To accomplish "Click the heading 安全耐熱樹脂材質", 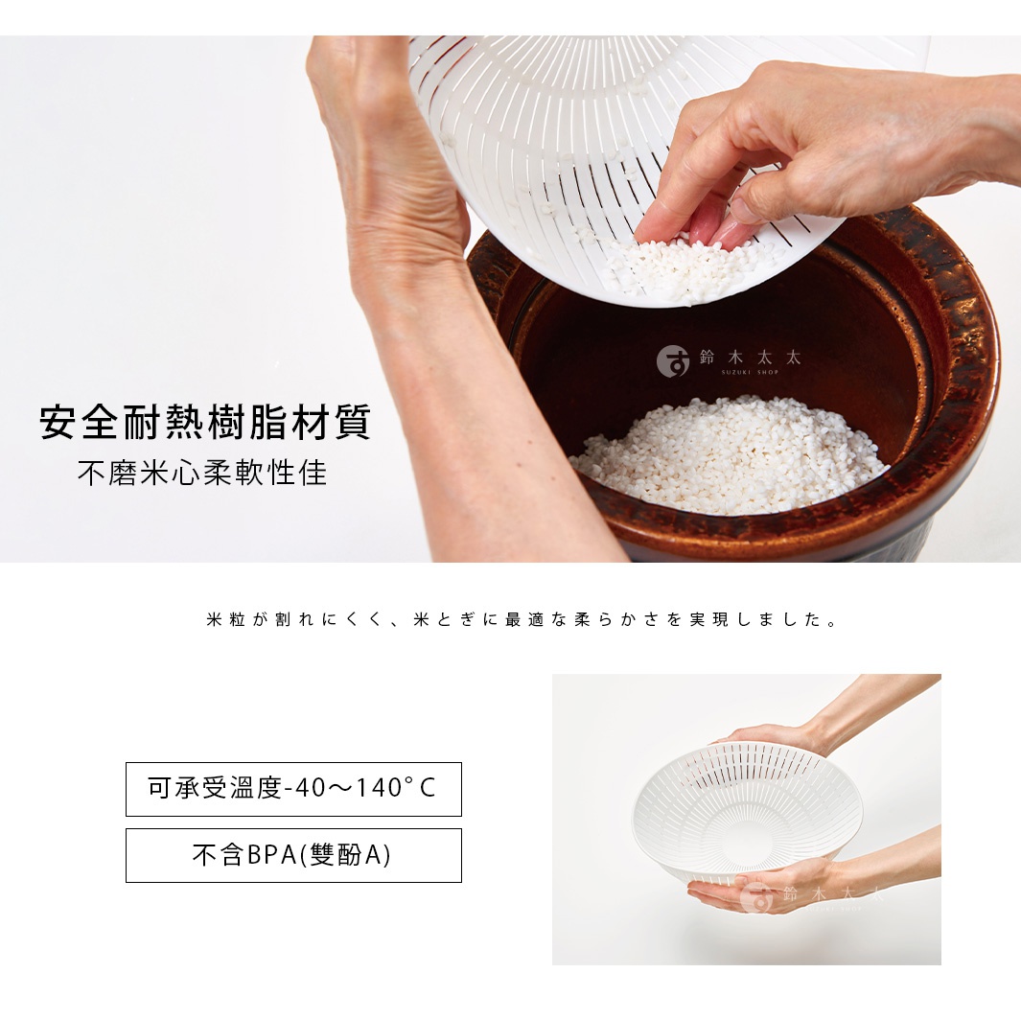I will [x=205, y=423].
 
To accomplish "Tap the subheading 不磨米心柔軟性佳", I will [x=202, y=473].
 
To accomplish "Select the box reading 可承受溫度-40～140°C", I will [x=293, y=789].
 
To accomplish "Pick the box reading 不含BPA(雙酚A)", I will [x=293, y=855].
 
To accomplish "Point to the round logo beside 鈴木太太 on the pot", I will [x=673, y=360].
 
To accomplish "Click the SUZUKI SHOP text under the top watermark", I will [x=749, y=373].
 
